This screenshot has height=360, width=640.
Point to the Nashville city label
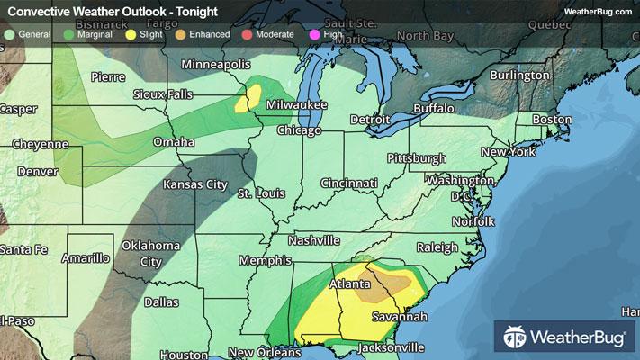(314, 240)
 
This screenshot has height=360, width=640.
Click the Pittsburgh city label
(416, 158)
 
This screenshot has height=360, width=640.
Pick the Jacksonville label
(392, 347)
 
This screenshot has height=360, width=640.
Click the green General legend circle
(8, 34)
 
